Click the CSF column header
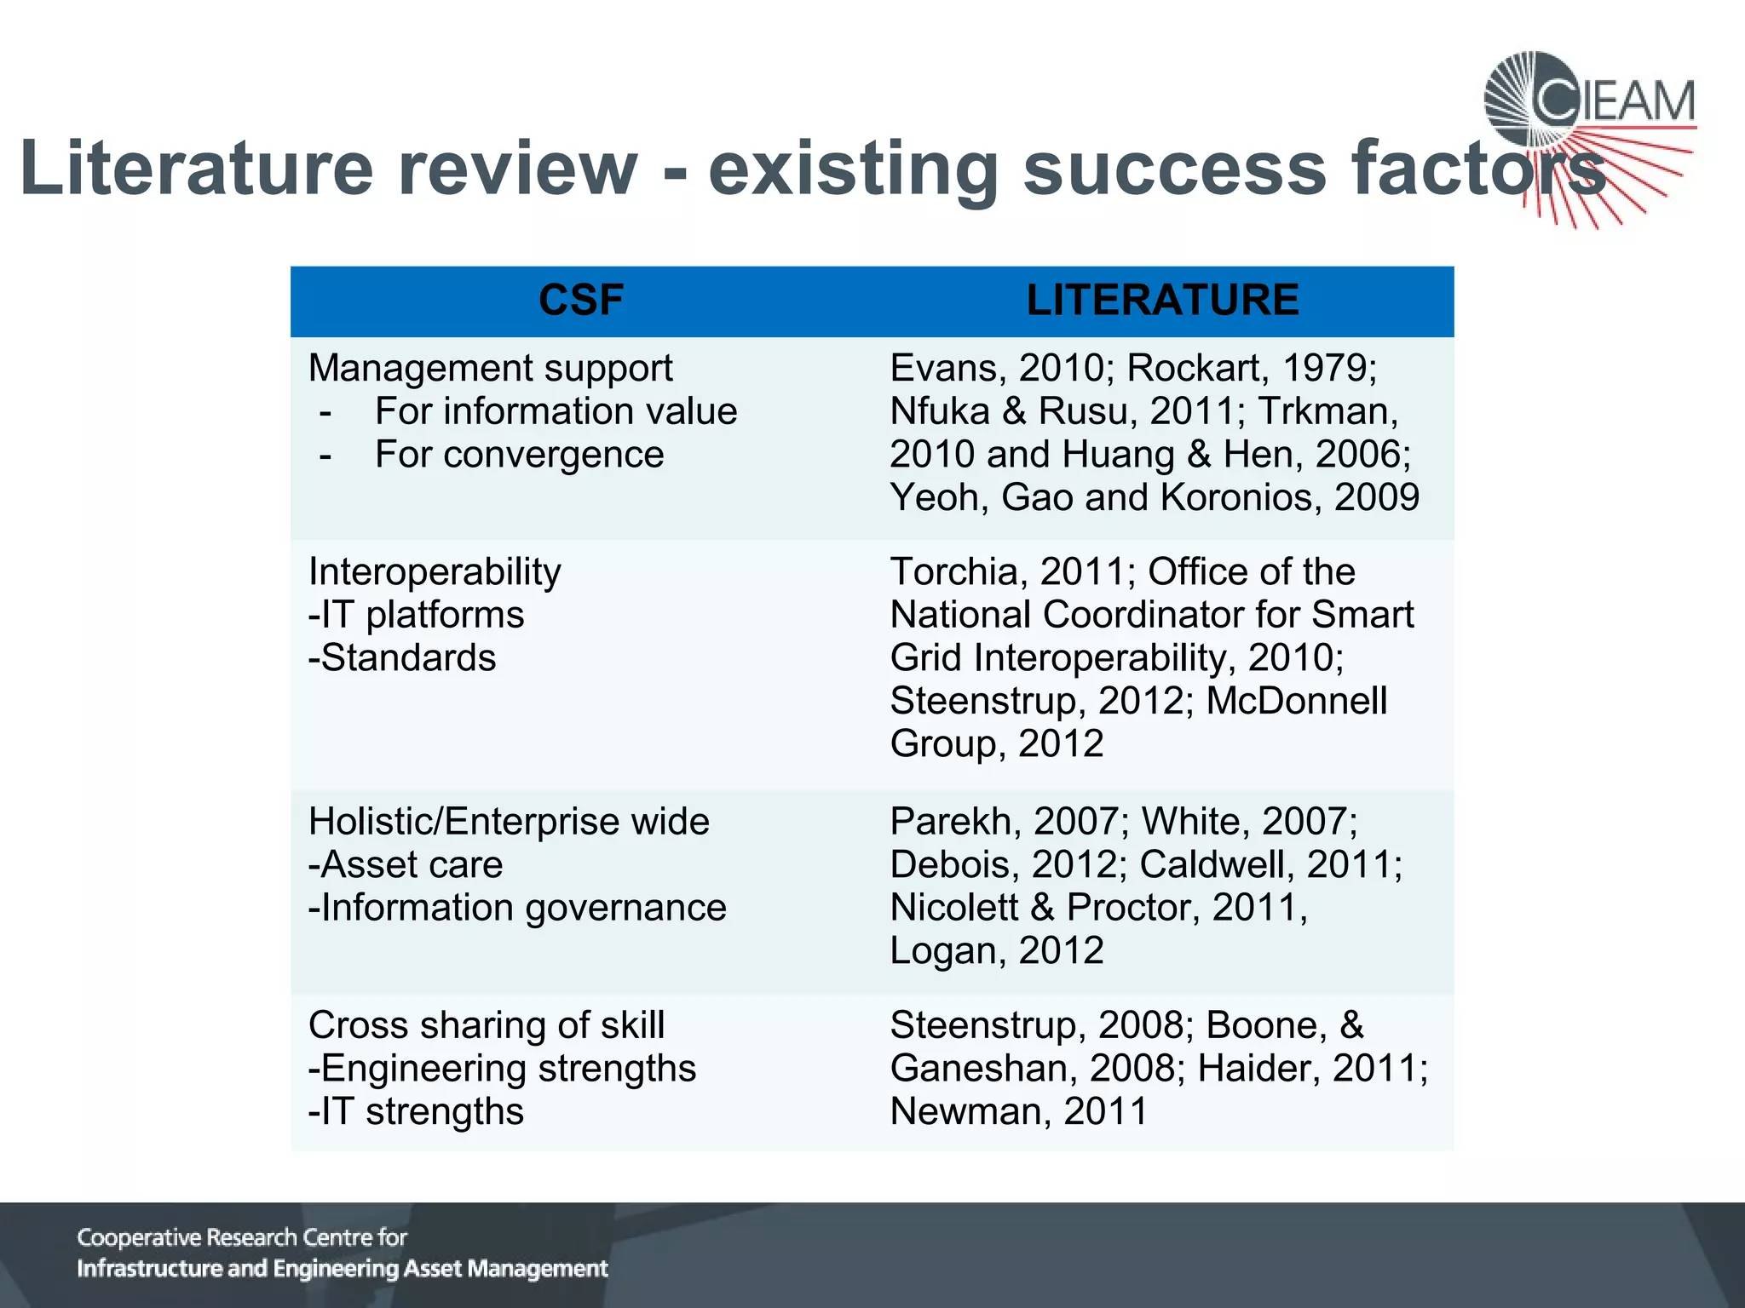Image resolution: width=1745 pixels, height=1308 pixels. click(x=581, y=301)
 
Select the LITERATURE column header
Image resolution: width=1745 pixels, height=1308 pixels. click(x=1162, y=301)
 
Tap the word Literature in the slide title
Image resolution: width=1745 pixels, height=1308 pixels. click(x=197, y=169)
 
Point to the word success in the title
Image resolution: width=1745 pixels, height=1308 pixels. click(x=1174, y=169)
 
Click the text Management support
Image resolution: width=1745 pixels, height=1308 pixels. click(x=490, y=369)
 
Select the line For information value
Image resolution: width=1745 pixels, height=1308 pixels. click(x=556, y=412)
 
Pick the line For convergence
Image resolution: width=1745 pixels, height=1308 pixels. click(x=519, y=455)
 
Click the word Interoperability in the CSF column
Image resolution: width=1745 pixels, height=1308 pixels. click(x=435, y=571)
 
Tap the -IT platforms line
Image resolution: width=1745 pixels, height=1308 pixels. click(x=416, y=615)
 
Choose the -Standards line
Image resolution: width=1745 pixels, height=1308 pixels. click(x=402, y=658)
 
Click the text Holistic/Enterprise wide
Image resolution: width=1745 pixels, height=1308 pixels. click(x=509, y=822)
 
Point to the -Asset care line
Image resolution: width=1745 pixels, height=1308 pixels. click(x=406, y=865)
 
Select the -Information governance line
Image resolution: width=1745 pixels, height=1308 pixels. click(x=517, y=908)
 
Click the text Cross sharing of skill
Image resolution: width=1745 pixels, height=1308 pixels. click(x=487, y=1025)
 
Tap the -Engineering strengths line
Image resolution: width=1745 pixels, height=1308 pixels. click(x=502, y=1069)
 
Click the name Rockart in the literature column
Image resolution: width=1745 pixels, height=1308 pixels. click(x=1189, y=369)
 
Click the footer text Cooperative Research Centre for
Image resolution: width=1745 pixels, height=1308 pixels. click(x=242, y=1237)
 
